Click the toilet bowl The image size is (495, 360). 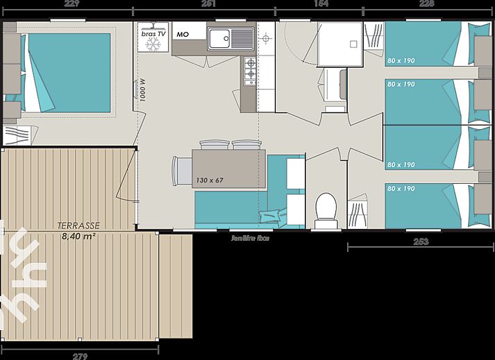pos(324,206)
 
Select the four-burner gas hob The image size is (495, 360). pos(248,69)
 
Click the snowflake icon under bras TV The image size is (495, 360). pos(153,44)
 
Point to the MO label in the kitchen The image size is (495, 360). pos(183,33)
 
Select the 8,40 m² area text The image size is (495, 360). pos(78,237)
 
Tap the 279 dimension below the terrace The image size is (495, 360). pos(80,356)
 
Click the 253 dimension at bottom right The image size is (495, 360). pos(420,242)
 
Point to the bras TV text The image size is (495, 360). pos(152,33)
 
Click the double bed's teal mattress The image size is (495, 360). pos(68,73)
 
